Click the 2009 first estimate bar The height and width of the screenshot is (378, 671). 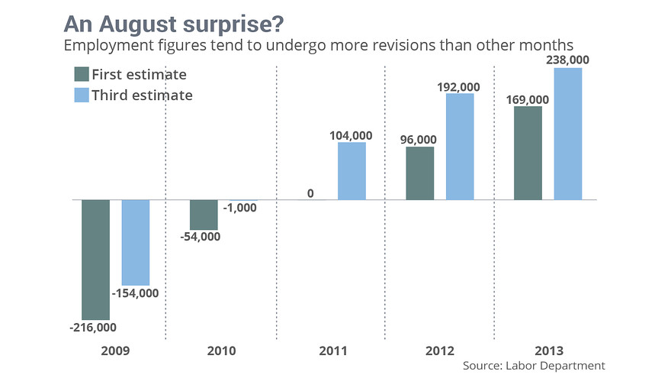(95, 260)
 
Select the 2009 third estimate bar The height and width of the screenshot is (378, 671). (136, 242)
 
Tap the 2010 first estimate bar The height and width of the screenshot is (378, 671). (204, 215)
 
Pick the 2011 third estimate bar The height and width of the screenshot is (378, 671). (352, 171)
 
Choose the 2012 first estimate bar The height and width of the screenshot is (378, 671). (419, 173)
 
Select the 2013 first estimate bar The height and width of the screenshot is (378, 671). (528, 153)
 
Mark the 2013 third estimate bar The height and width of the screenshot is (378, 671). (568, 134)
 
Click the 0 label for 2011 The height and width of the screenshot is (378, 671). (310, 193)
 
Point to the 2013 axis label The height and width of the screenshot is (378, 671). (548, 351)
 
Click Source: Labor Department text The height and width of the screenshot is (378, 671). (534, 366)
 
